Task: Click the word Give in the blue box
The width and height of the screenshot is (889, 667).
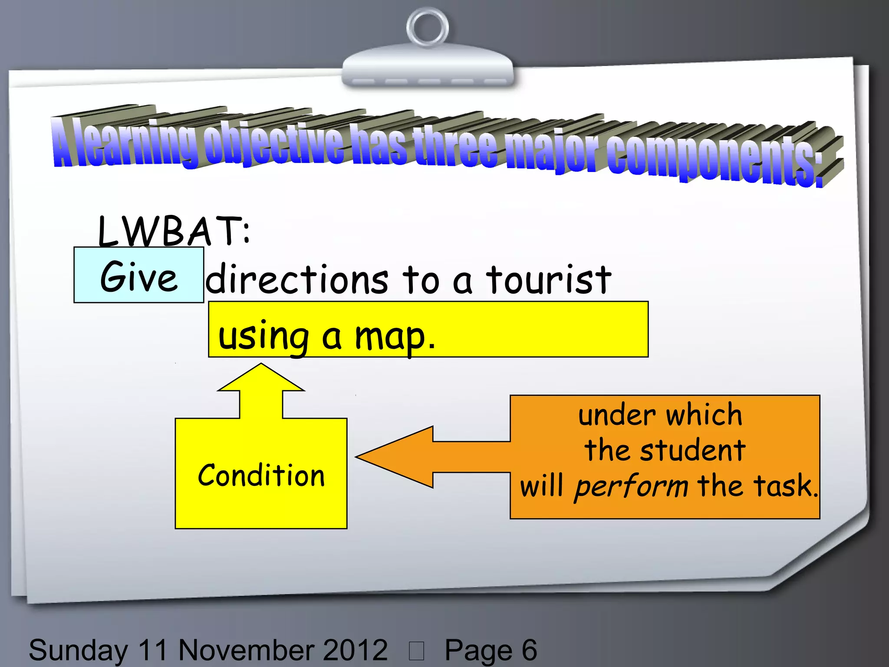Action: tap(139, 277)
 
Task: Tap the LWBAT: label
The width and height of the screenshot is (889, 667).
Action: tap(174, 231)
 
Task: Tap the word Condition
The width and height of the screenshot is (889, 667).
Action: tap(261, 475)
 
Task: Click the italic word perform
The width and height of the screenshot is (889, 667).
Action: tap(631, 486)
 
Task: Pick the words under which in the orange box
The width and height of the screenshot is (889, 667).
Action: tap(660, 415)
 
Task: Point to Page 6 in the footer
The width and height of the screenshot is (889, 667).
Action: tap(491, 650)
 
